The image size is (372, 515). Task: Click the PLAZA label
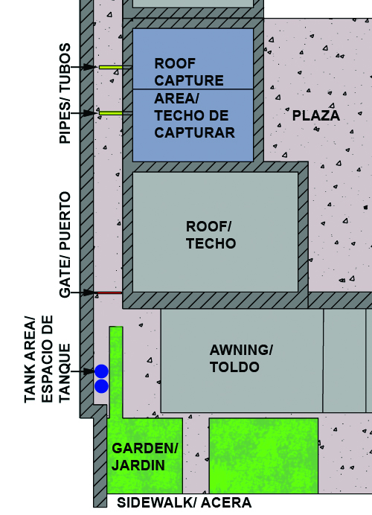click(x=316, y=115)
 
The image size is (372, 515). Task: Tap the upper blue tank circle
click(x=101, y=371)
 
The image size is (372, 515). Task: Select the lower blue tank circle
click(x=101, y=386)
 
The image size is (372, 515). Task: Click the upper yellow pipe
click(x=111, y=67)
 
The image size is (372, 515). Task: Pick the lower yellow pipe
click(x=111, y=113)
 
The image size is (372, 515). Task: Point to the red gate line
click(x=109, y=292)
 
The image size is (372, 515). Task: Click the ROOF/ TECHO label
click(x=211, y=235)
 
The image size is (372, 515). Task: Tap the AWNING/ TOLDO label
click(x=241, y=359)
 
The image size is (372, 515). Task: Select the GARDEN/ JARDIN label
click(x=145, y=457)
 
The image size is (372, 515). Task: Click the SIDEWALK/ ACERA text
click(x=185, y=503)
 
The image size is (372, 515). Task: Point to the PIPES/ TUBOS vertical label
click(x=65, y=93)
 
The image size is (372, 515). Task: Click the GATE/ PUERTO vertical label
click(x=65, y=245)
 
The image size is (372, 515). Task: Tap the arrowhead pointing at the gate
click(x=90, y=292)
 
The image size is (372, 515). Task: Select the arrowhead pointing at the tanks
click(x=89, y=371)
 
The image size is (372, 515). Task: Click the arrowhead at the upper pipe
click(x=91, y=67)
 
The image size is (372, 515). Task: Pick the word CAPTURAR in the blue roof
click(x=194, y=133)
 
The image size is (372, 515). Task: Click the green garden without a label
click(x=263, y=456)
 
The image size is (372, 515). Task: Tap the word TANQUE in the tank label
click(x=65, y=373)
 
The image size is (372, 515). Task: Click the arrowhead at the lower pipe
click(x=91, y=113)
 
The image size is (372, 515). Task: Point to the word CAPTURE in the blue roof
click(x=189, y=80)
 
